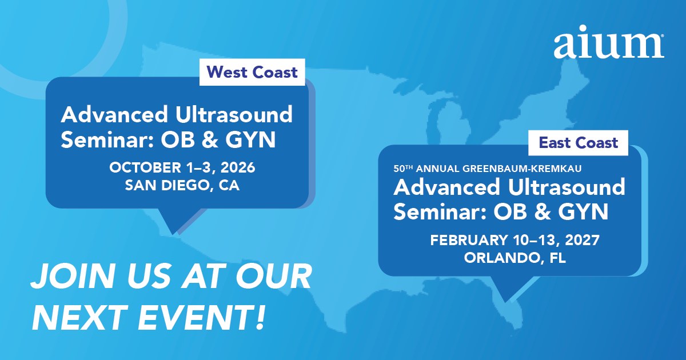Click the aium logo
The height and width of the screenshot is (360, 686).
point(609,42)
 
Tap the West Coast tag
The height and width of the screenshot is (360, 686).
point(252,72)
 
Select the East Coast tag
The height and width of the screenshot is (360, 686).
point(578,143)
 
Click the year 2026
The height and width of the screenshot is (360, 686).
point(238,167)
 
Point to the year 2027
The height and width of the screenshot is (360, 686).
point(582,240)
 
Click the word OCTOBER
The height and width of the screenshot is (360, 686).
point(145,167)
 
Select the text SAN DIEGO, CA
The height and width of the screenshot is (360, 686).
point(182,185)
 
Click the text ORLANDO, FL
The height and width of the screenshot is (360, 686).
point(515,258)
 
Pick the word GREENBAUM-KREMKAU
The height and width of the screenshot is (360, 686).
point(522,169)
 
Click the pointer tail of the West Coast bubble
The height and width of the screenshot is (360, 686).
point(178,221)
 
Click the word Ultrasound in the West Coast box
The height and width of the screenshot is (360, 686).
point(234,115)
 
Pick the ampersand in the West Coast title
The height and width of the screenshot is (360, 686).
point(210,140)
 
